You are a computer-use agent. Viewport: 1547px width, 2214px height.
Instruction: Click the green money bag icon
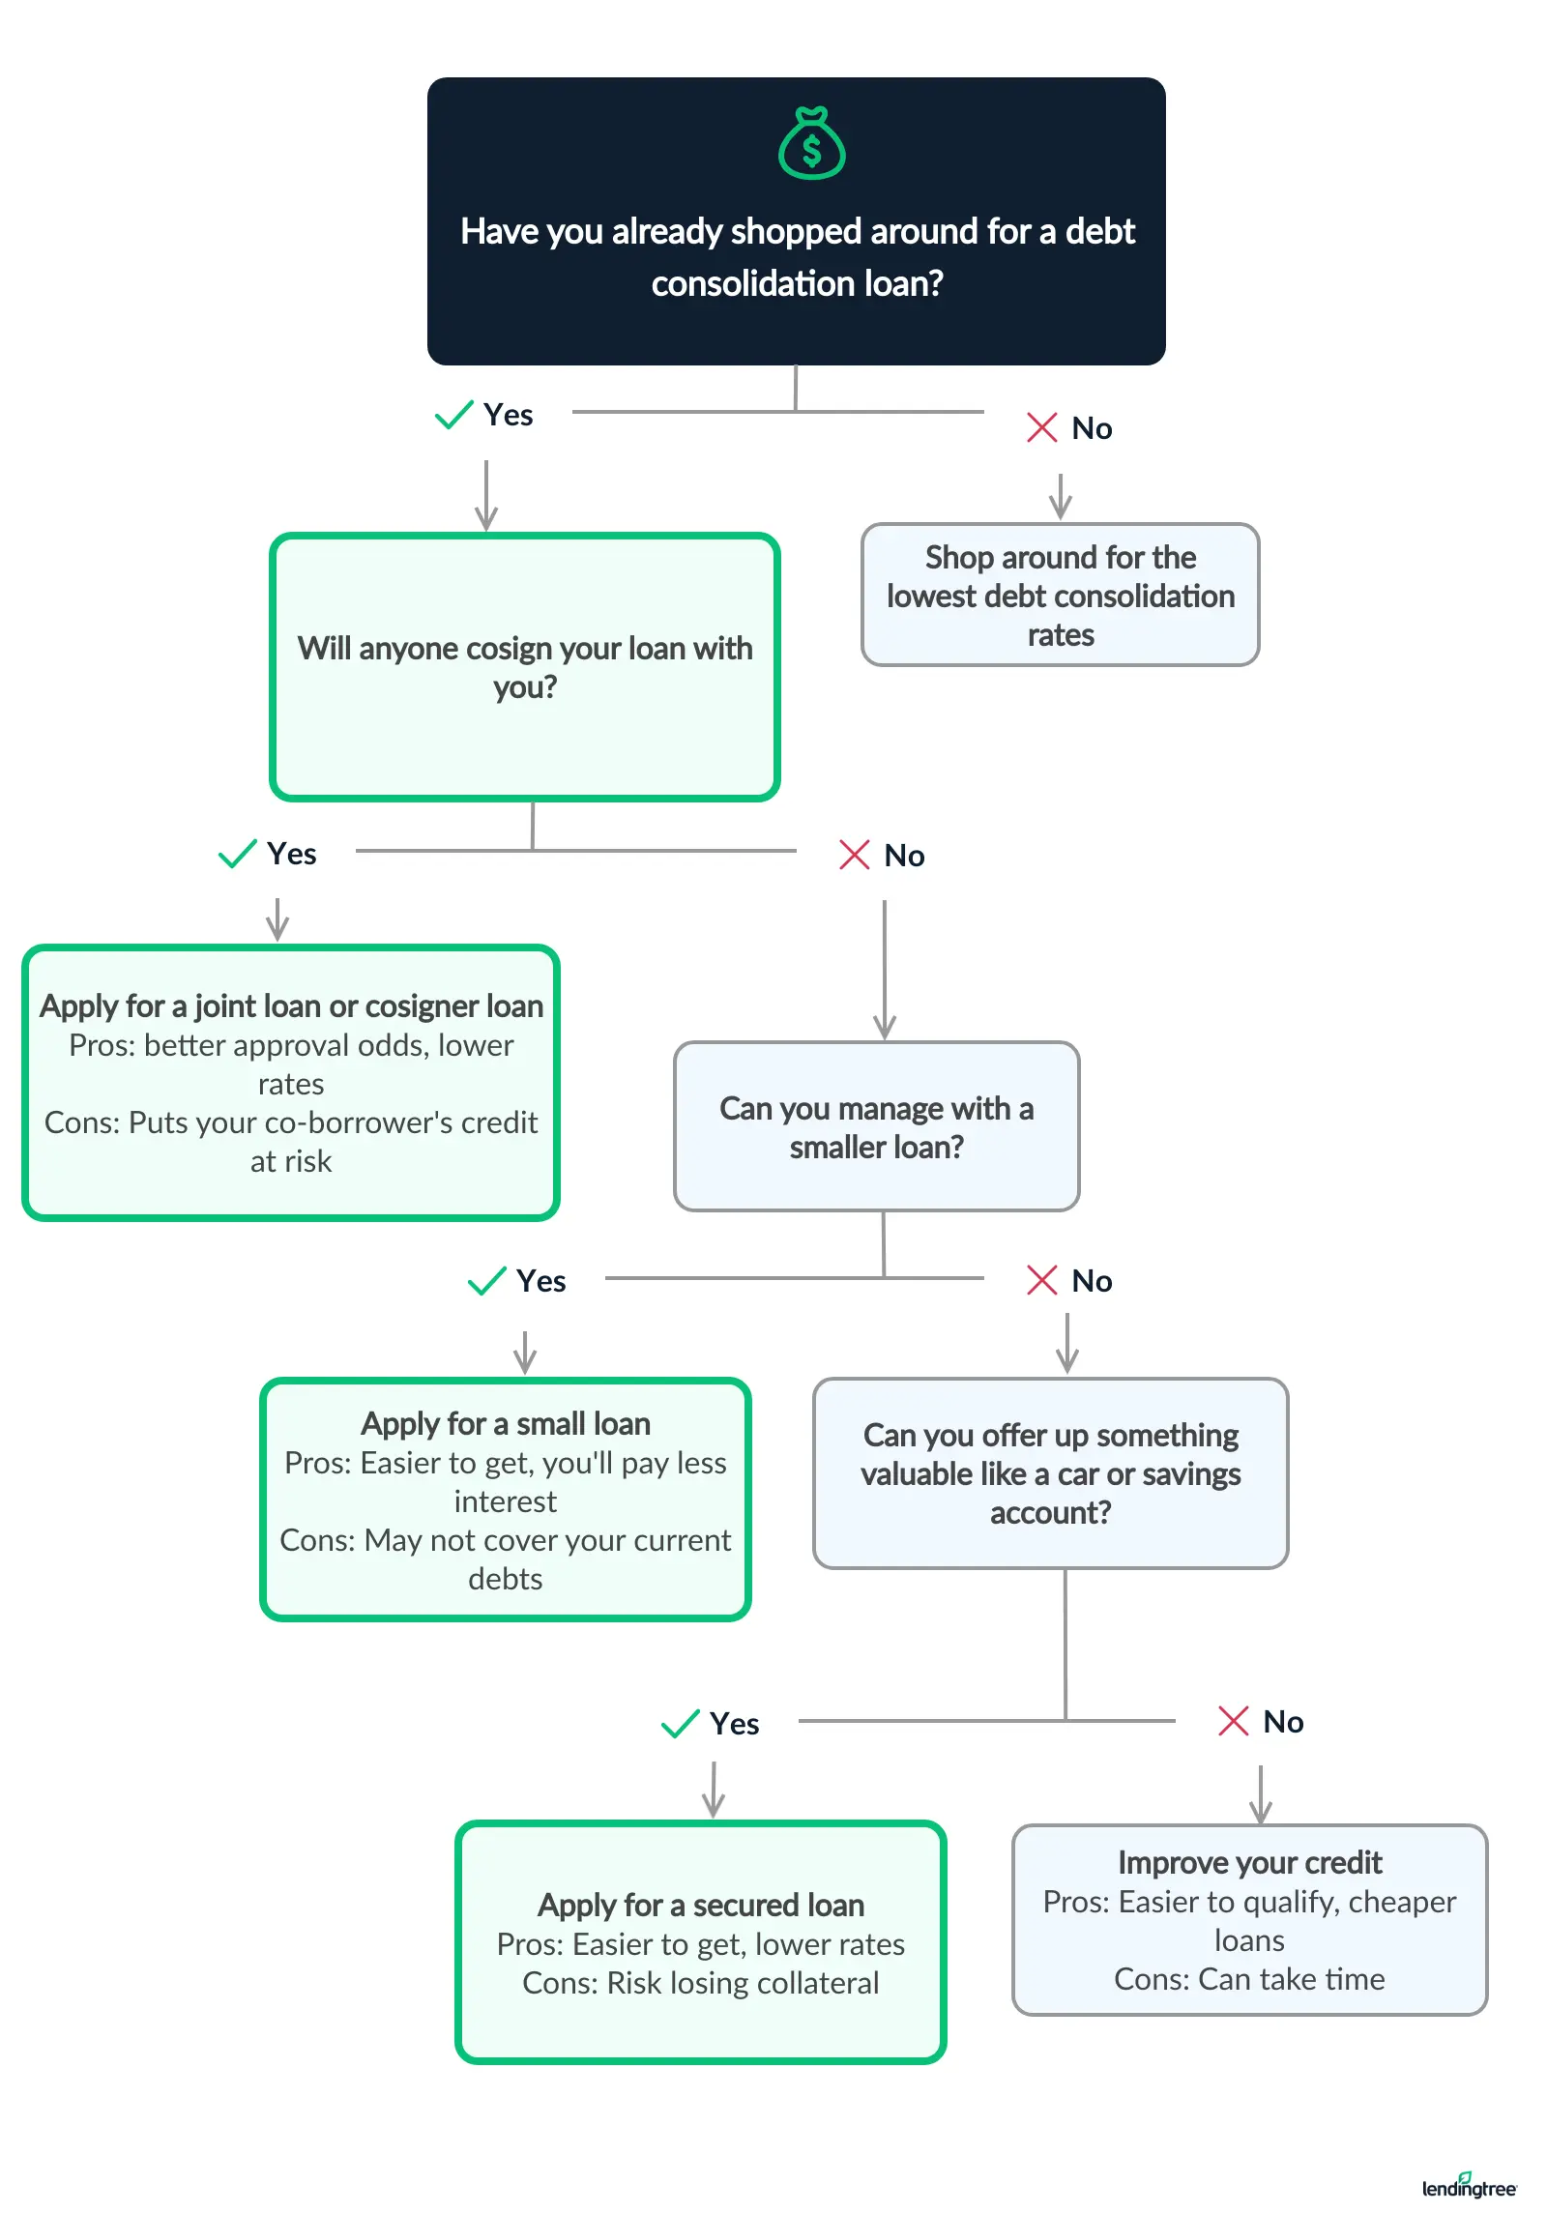[811, 144]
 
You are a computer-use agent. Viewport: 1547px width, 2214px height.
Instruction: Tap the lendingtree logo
[1468, 2187]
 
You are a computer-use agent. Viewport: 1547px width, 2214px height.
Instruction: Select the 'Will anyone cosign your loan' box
[524, 667]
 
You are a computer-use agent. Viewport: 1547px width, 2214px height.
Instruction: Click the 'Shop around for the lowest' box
[1060, 595]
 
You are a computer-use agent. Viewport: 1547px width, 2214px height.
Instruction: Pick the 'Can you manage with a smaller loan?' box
[876, 1126]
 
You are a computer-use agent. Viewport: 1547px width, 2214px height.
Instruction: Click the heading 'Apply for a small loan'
[505, 1423]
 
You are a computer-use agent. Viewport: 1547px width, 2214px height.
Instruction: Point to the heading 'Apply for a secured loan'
[700, 1905]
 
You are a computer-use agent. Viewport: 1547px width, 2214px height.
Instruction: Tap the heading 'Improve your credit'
[1249, 1862]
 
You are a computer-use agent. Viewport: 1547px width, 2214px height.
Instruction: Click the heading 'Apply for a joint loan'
[290, 1005]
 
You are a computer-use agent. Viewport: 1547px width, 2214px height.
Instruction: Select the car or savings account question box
[1050, 1473]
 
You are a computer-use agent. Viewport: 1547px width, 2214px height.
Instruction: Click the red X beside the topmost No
[1041, 427]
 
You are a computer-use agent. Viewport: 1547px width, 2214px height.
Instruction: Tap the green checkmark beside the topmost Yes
[453, 415]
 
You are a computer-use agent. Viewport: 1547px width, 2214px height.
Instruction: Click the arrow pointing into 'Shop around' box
[1061, 498]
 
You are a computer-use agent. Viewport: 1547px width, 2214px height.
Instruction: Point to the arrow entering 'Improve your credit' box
[1260, 1796]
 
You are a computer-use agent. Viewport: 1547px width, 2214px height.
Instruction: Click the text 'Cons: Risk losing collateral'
[700, 1983]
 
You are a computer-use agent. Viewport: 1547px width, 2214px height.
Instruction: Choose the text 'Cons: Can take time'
[1249, 1979]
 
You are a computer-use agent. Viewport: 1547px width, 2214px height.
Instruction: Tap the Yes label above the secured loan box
[734, 1724]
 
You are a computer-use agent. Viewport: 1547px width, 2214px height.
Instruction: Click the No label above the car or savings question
[1092, 1281]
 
